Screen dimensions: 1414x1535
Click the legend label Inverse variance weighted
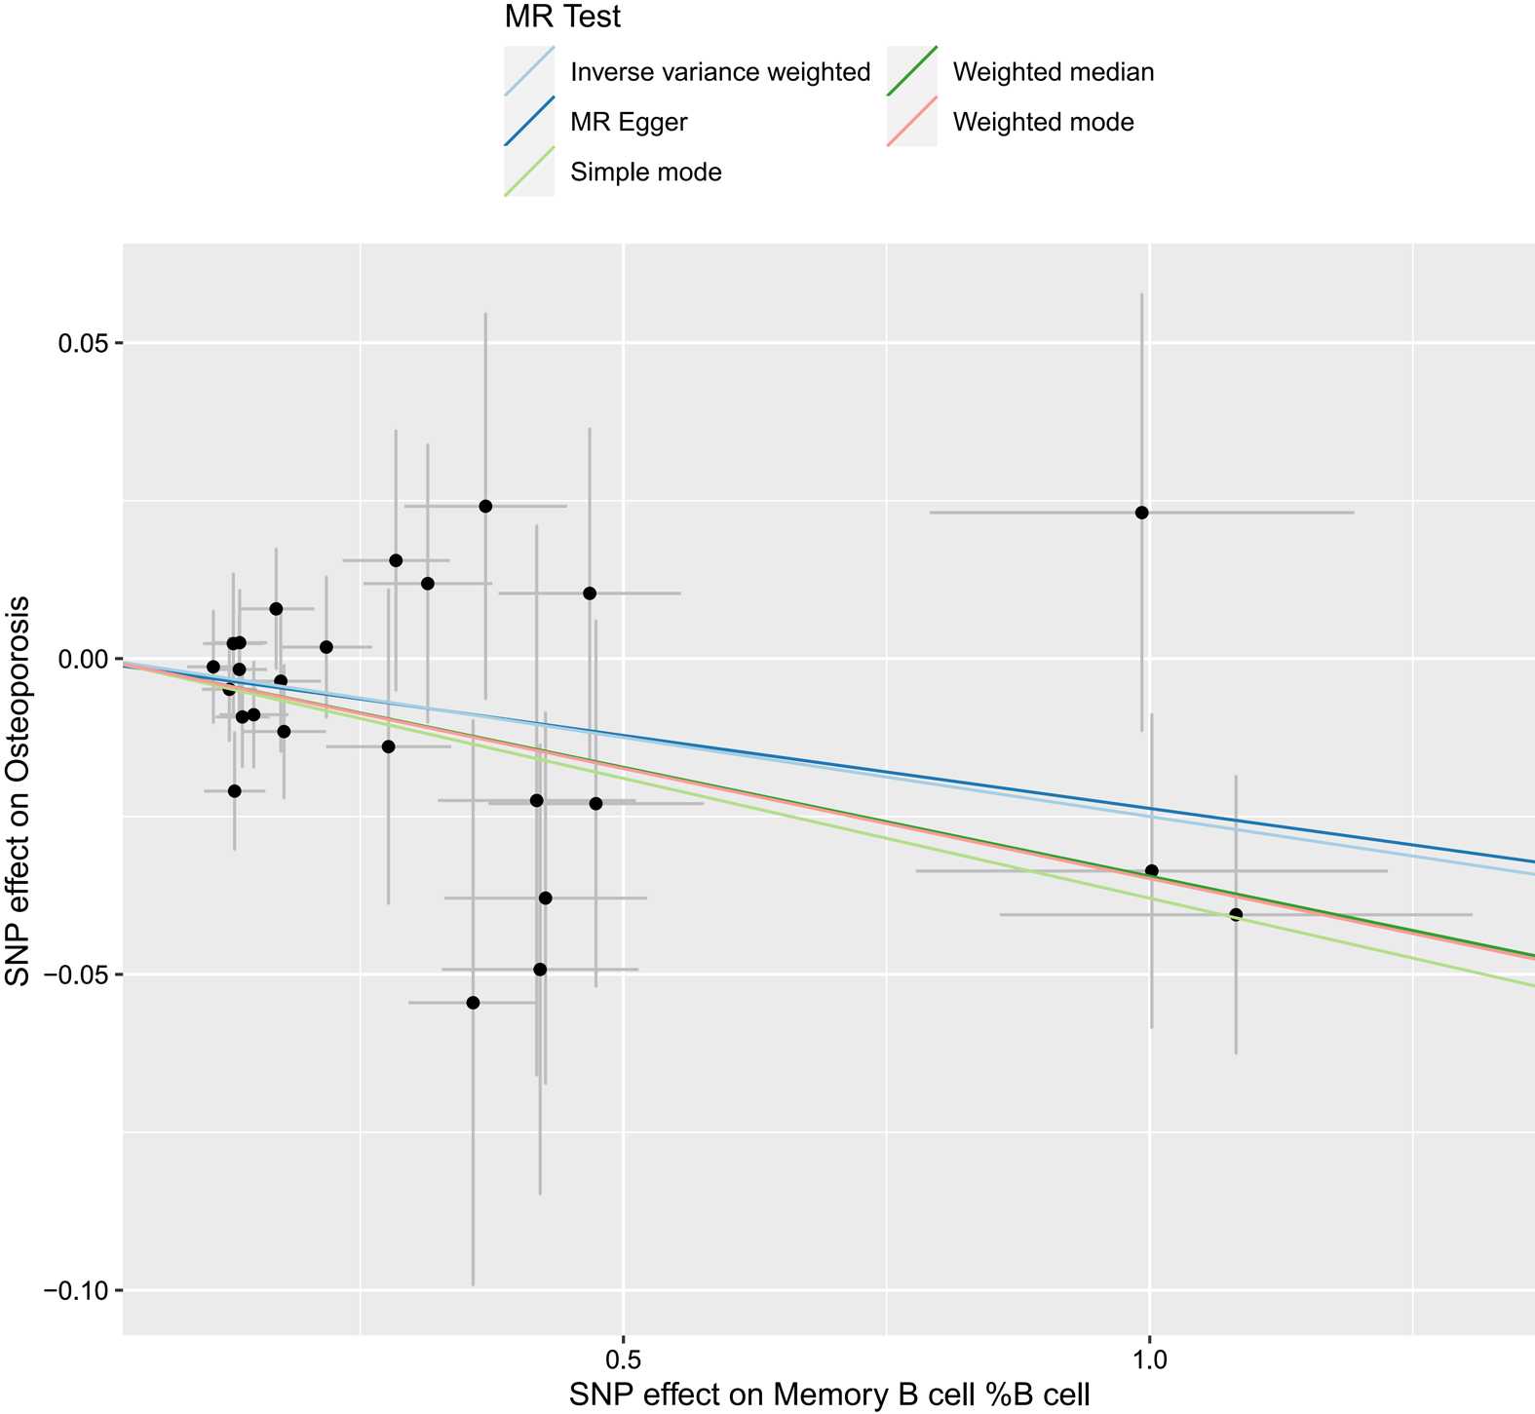(720, 72)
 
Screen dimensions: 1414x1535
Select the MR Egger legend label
(629, 123)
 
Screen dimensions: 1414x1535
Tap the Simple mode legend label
(646, 173)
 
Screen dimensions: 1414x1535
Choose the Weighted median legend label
(1054, 72)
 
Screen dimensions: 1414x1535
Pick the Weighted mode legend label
(1043, 123)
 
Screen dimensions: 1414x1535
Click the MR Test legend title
(563, 17)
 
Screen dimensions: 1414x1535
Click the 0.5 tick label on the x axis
(623, 1357)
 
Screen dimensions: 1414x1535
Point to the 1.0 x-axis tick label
(1150, 1357)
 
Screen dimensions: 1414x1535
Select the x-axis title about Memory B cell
(829, 1395)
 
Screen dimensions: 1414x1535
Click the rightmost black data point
(1236, 914)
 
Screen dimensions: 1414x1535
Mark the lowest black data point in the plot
(473, 1003)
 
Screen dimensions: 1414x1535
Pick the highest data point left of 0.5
(485, 506)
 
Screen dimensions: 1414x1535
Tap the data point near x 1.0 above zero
(1141, 513)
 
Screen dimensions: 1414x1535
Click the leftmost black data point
(213, 667)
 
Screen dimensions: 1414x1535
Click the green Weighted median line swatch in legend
(911, 72)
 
